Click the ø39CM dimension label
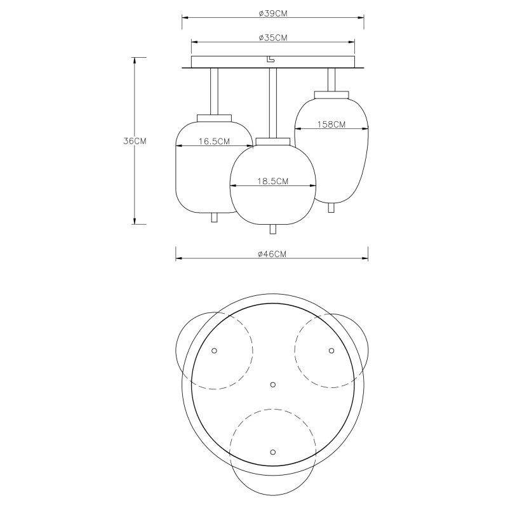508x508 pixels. tap(273, 13)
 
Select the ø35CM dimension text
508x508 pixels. tap(273, 38)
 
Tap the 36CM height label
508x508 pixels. tap(135, 141)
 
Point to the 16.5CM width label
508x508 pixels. tap(214, 142)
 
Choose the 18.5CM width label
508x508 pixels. tap(273, 182)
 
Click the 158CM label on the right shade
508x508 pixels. tap(331, 124)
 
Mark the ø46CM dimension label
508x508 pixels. tap(272, 254)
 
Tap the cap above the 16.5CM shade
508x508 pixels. tap(215, 118)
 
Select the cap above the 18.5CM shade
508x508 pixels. tap(273, 142)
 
